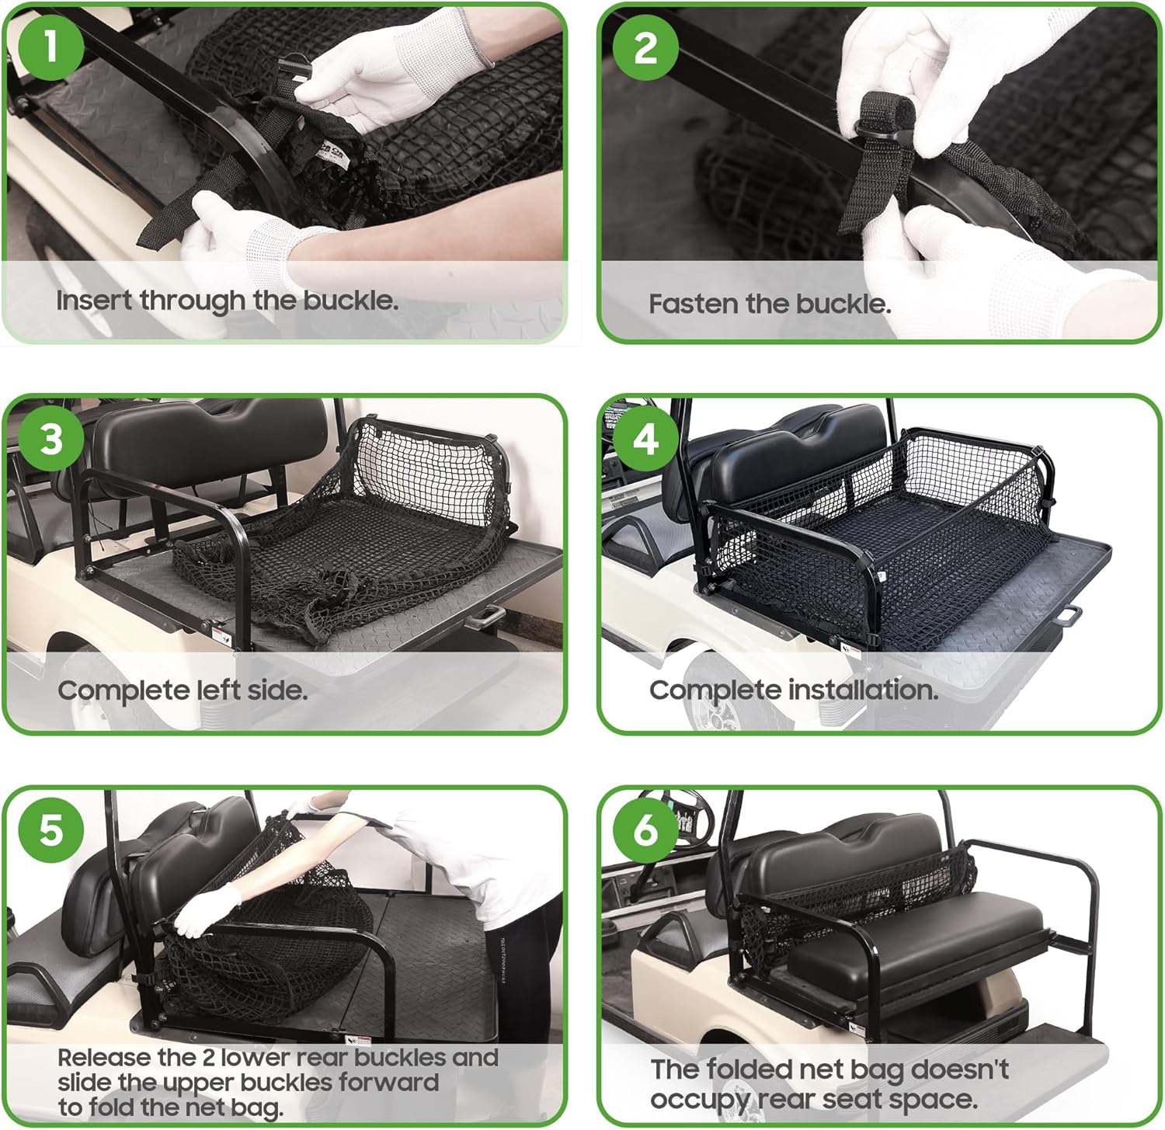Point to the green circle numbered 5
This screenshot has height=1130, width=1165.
pos(50,829)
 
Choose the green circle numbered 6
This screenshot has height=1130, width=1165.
pos(645,829)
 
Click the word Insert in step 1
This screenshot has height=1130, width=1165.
pos(94,301)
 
